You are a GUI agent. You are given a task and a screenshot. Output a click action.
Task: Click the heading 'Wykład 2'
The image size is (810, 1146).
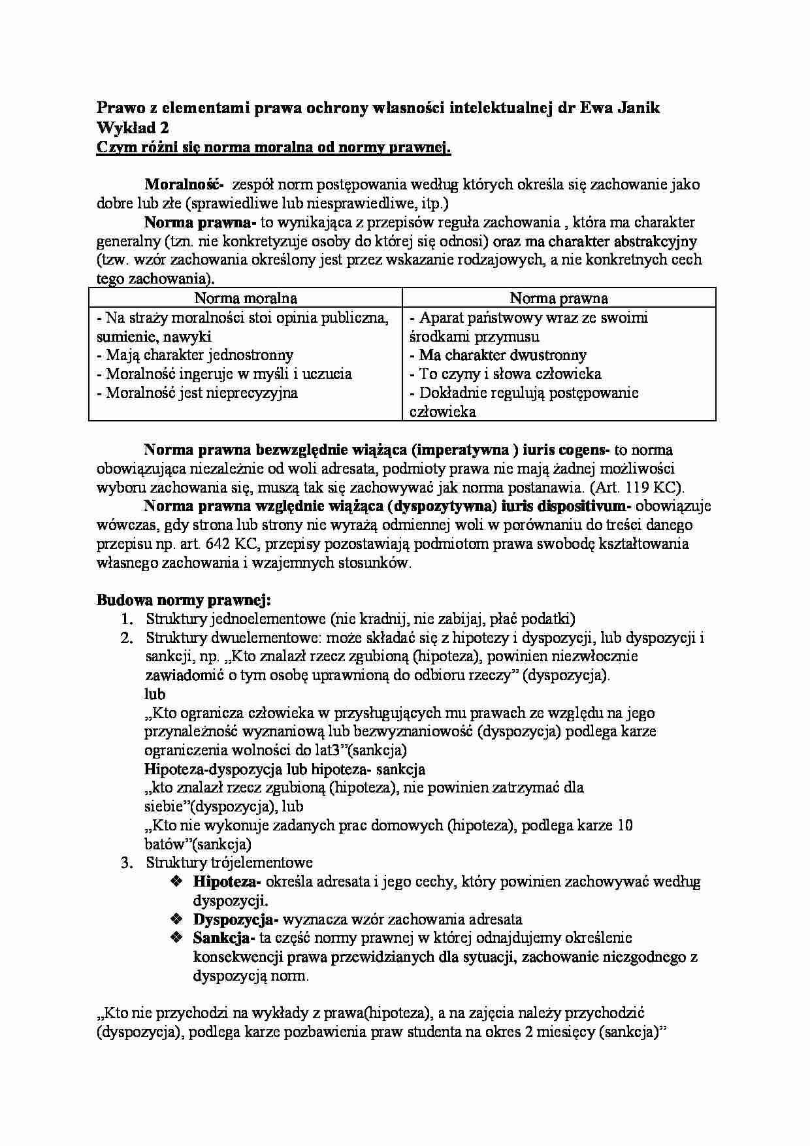click(133, 128)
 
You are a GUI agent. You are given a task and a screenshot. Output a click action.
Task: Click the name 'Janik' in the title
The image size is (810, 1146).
click(636, 108)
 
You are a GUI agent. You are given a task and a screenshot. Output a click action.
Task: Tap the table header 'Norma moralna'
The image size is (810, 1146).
click(246, 299)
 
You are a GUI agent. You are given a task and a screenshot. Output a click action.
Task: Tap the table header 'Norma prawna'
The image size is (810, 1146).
click(559, 299)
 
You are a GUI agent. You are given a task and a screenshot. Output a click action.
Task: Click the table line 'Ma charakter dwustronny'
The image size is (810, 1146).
click(502, 355)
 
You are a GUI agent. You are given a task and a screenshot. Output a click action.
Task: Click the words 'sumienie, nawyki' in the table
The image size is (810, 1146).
click(154, 337)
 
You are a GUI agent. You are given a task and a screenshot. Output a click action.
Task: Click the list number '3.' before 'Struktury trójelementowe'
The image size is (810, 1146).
click(127, 863)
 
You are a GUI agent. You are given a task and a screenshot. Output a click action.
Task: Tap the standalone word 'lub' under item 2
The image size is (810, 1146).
click(155, 694)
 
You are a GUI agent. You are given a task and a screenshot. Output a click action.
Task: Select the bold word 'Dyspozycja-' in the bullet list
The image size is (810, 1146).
click(236, 919)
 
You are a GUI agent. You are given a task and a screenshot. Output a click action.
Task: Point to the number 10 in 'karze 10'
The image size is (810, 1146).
click(624, 826)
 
